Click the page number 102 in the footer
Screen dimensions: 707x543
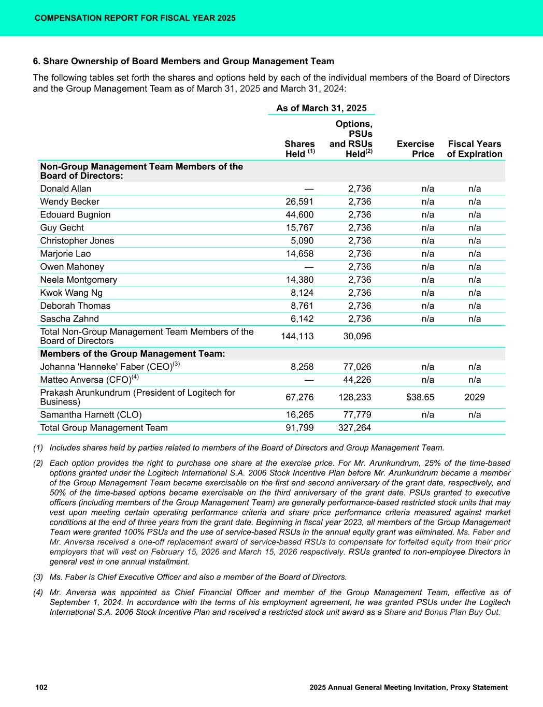pos(41,687)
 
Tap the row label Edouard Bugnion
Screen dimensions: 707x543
pos(75,214)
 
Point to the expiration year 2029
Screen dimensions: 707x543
pos(475,397)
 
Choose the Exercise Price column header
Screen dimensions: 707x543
pos(415,149)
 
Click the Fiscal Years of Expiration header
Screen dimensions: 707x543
pos(475,149)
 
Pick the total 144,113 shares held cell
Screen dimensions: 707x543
pos(297,336)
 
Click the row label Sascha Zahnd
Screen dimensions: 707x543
pos(69,319)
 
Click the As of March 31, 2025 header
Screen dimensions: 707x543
pos(321,108)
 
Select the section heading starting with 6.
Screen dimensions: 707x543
pos(183,61)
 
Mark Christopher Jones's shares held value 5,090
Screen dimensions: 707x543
pos(302,241)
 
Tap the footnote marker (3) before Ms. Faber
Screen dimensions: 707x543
pos(38,577)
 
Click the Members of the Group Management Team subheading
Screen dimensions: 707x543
pos(133,354)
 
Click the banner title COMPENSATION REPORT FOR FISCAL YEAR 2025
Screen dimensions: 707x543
pos(135,18)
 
